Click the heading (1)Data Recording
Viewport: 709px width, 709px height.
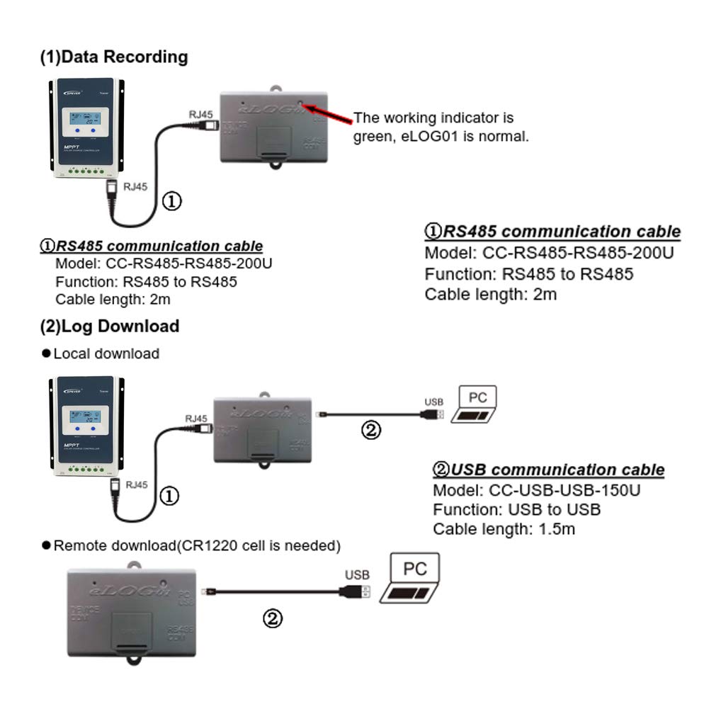[x=114, y=57]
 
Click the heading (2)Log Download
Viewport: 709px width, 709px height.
[x=110, y=326]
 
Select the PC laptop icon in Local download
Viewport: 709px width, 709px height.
[x=475, y=405]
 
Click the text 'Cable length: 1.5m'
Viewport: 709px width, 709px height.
[x=504, y=528]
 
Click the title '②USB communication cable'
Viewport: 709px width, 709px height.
[x=548, y=470]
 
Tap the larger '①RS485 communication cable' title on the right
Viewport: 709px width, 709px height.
[x=552, y=232]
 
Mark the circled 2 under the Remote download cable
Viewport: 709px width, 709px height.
[x=273, y=619]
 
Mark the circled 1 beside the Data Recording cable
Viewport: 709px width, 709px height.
[x=172, y=201]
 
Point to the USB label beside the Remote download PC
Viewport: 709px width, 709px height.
[x=356, y=575]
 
